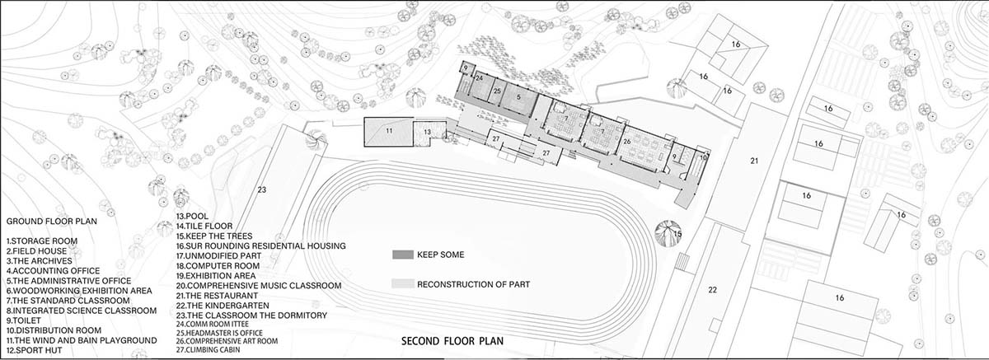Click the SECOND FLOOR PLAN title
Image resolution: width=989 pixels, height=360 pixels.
pos(452,341)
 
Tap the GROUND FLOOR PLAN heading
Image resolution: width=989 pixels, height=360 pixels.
pos(52,222)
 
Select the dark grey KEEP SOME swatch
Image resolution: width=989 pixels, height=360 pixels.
pos(403,255)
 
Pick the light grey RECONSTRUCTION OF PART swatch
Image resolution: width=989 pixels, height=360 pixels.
pos(403,284)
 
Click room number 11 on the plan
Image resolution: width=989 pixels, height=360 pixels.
pos(389,131)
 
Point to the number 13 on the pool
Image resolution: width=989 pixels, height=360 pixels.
pos(427,132)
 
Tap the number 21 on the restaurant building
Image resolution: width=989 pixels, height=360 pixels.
pos(754,161)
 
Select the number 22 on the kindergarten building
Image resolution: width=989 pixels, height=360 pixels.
pos(713,290)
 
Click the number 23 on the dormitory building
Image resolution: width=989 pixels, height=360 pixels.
pos(262,189)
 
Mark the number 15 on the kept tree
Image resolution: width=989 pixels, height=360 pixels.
pos(677,234)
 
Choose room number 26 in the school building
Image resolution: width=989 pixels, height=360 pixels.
pos(627,142)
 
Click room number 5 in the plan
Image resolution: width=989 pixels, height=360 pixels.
pos(518,96)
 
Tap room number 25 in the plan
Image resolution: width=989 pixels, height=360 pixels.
pos(497,91)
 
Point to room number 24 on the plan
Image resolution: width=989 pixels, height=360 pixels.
pos(479,78)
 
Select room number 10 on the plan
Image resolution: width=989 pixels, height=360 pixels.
pos(703,157)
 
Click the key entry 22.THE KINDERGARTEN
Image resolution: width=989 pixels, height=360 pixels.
pos(223,306)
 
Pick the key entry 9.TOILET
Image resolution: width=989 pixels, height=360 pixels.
pos(23,320)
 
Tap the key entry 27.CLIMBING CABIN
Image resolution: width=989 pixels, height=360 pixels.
pos(208,350)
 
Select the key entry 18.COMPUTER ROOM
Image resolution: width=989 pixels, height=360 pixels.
pos(218,266)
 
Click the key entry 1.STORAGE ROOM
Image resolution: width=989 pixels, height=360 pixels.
pos(42,241)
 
